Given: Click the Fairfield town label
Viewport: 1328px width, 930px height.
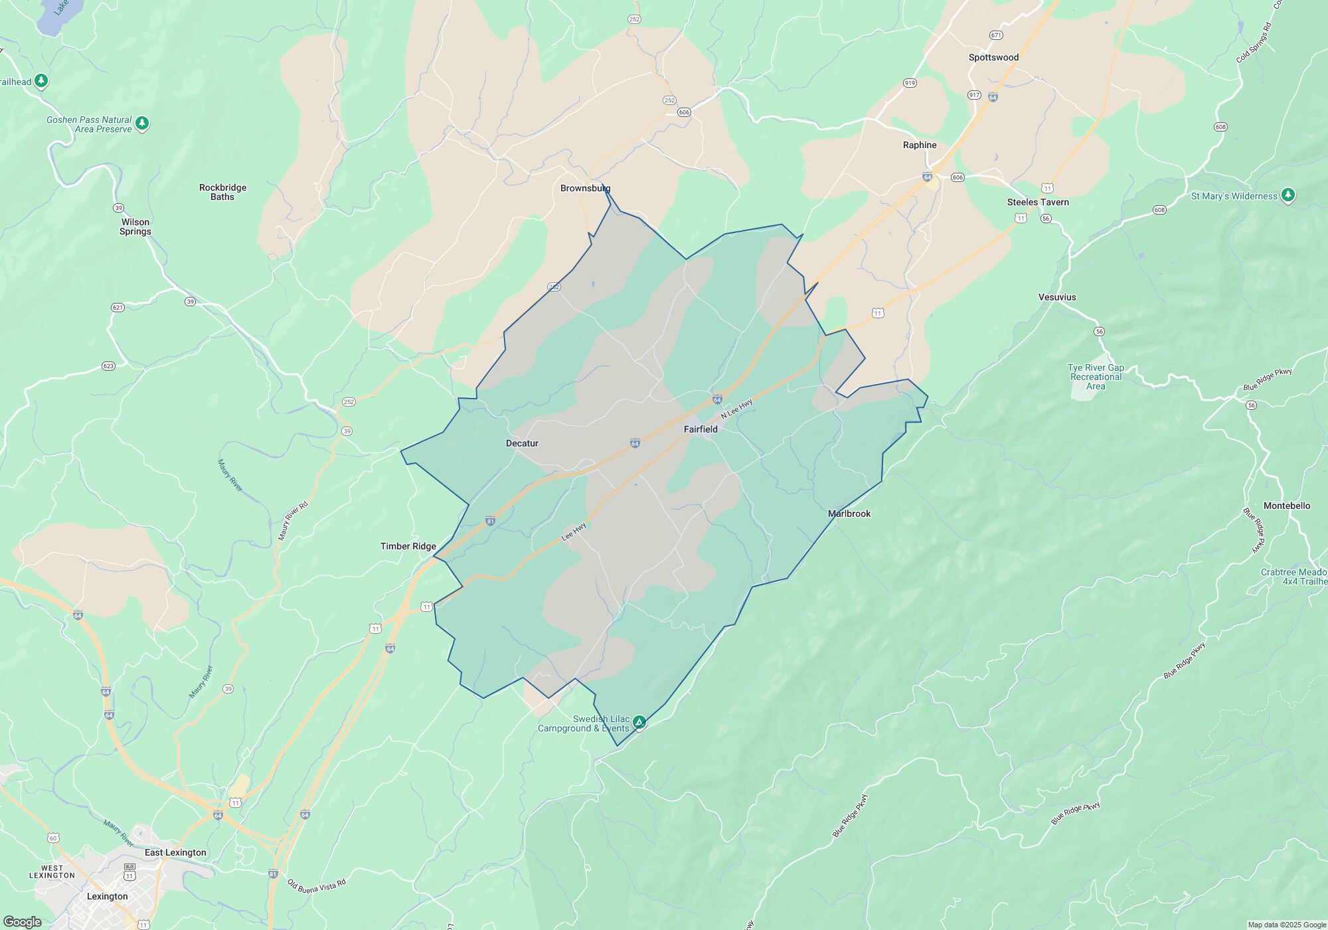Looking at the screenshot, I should (701, 429).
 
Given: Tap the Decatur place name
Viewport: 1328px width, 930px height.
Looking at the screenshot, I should (522, 443).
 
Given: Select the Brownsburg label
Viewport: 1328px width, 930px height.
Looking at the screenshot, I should (585, 188).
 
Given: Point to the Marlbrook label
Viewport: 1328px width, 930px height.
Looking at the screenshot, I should (849, 513).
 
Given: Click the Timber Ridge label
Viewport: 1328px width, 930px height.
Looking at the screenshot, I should (408, 546).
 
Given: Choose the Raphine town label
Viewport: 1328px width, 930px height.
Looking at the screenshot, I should (920, 145).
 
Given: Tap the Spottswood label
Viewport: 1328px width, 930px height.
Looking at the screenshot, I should (993, 57).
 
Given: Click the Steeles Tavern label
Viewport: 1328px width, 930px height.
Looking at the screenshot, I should (1038, 202).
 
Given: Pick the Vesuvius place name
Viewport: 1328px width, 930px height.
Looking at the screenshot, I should (1057, 297).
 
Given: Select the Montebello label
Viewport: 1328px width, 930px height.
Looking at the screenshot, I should (1286, 506).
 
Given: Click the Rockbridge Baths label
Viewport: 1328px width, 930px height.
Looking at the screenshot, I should (222, 192).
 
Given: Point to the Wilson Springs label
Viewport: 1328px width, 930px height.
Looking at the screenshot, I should (135, 227).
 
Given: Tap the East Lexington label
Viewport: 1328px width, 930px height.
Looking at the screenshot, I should (175, 852).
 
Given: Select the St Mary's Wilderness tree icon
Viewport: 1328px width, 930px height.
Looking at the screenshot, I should (1288, 195).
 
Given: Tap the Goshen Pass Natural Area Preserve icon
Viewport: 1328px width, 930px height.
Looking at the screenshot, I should (142, 124).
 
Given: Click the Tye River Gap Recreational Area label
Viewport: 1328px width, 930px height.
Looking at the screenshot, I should (1096, 377).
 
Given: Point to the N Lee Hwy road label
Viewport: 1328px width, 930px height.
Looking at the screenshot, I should (736, 409).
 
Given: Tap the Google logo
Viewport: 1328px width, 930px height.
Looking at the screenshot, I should (23, 921).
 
